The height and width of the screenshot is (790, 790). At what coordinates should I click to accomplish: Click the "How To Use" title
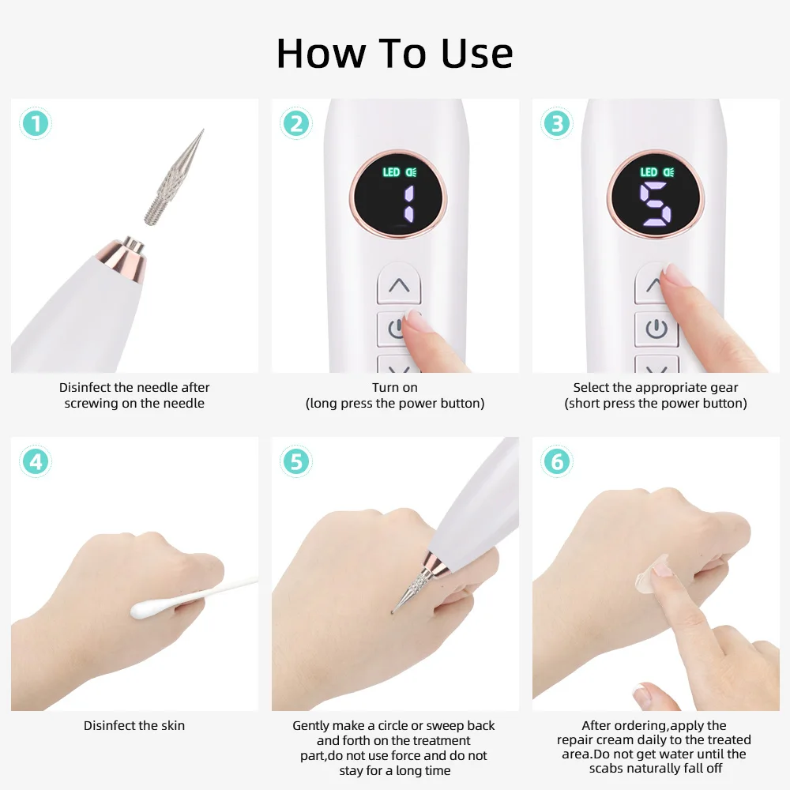[x=394, y=54]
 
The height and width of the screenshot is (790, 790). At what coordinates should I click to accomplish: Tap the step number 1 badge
[x=36, y=123]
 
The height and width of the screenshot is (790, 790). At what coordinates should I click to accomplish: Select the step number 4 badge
[x=36, y=461]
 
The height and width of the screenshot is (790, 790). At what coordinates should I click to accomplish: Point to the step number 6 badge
[x=557, y=461]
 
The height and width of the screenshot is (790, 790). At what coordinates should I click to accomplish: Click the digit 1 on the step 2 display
[x=408, y=204]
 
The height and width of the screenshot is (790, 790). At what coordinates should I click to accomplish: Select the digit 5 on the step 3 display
[x=655, y=204]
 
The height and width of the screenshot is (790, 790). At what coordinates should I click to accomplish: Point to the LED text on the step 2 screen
[x=391, y=172]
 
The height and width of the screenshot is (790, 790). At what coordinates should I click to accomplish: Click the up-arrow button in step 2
[x=399, y=284]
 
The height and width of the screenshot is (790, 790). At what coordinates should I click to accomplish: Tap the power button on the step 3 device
[x=656, y=329]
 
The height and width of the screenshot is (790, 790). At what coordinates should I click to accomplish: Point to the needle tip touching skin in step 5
[x=393, y=611]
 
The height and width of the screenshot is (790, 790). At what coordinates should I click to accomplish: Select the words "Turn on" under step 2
[x=395, y=387]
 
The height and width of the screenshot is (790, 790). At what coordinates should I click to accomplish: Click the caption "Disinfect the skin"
[x=134, y=725]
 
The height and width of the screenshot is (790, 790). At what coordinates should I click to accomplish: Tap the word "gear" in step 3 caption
[x=724, y=388]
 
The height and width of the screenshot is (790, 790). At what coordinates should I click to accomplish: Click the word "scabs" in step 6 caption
[x=605, y=769]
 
